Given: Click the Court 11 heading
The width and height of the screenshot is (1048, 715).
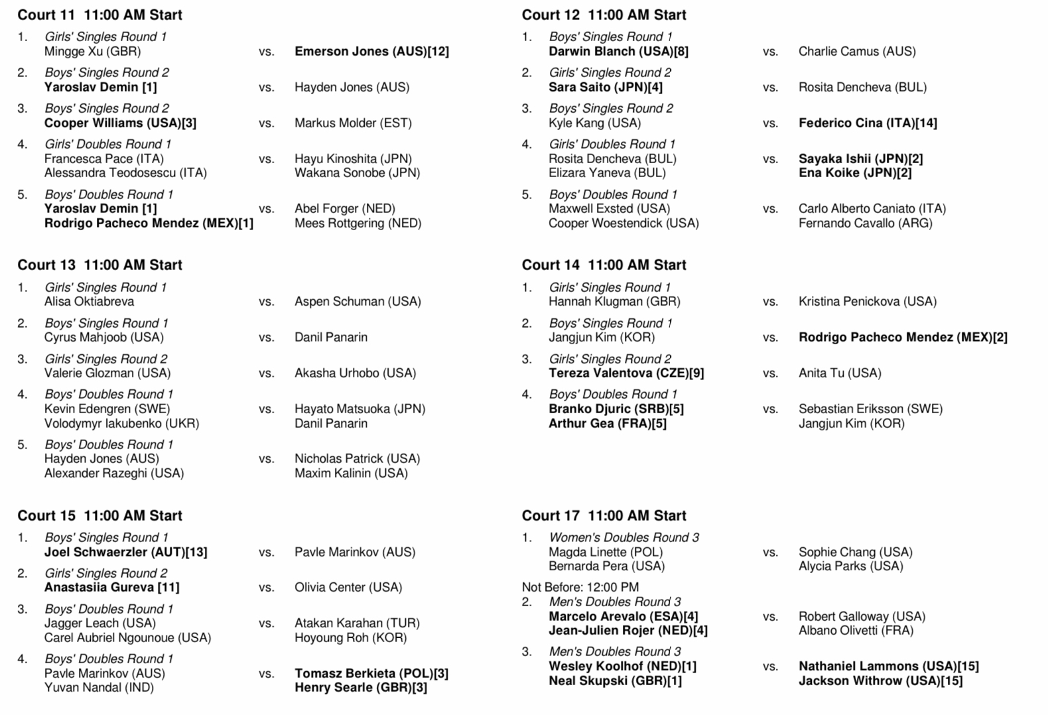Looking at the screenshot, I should [99, 15].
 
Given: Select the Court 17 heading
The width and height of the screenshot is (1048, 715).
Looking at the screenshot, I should [604, 515].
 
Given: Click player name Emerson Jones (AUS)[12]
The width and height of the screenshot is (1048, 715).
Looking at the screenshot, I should [371, 51].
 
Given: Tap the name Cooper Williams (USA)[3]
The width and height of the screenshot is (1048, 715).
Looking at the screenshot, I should [120, 123].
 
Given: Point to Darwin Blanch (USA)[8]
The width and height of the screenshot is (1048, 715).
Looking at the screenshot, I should [618, 51].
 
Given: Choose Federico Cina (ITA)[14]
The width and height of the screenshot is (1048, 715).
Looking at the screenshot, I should [868, 123].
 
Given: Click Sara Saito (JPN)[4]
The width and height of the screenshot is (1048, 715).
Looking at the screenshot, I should [606, 87].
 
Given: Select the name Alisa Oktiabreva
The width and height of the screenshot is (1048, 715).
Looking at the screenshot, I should [89, 301].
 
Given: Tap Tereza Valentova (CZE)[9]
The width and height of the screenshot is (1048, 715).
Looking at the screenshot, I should [626, 373].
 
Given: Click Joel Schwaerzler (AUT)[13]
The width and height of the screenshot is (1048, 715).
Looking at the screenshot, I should [125, 552].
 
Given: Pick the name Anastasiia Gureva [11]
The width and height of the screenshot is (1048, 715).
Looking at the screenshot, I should [111, 587].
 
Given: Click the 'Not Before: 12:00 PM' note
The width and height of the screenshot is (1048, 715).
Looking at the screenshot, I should [580, 587].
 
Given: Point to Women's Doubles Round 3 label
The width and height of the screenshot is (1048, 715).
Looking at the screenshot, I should [623, 537].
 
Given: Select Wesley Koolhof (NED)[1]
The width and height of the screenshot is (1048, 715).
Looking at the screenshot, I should [622, 666].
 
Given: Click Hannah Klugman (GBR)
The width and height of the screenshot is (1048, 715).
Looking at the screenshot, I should [614, 301].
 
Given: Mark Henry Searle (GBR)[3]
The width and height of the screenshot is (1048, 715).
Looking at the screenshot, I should [361, 687].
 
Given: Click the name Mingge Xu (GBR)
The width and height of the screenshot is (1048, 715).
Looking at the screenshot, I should [92, 51].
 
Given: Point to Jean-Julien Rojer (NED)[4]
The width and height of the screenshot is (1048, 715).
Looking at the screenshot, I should [628, 630].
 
